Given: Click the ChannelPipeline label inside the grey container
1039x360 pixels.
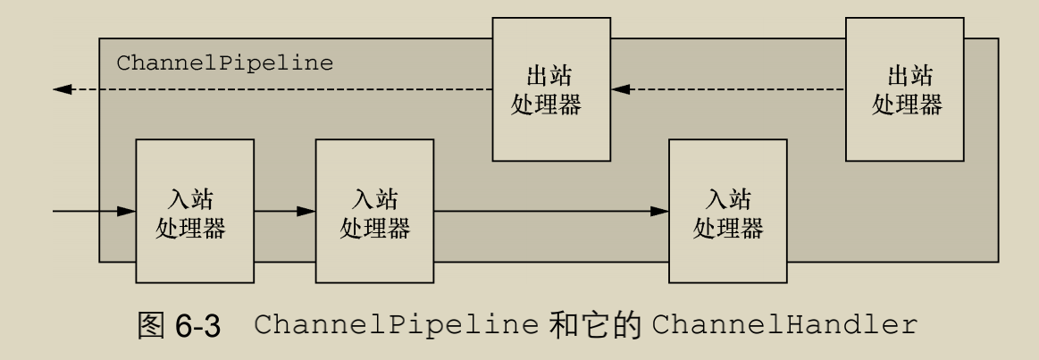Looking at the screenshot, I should point(224,63).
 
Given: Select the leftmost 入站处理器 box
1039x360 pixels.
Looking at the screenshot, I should point(194,210).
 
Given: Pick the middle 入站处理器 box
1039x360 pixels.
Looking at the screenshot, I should point(374,210).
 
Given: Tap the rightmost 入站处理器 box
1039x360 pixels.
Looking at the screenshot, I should point(728,210).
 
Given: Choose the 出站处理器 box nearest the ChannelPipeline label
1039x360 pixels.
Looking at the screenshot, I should point(551,89).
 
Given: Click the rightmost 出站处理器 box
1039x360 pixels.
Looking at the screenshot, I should point(905,89).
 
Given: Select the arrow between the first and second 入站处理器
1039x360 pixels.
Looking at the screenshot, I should point(285,212).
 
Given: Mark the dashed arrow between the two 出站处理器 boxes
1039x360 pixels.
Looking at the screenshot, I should point(728,89).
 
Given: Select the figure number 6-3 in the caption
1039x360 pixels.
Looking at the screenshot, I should point(196,323).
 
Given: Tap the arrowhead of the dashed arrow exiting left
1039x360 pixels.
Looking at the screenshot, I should point(62,89).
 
